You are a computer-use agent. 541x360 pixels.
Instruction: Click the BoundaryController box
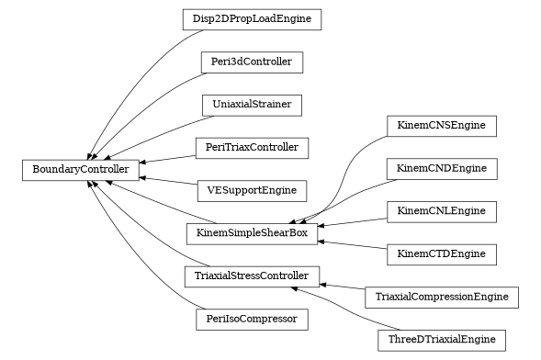point(81,169)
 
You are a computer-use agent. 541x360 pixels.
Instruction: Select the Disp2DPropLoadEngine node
point(251,18)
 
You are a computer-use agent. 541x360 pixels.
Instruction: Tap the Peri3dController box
point(252,62)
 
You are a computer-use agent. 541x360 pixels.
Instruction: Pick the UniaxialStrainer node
point(252,105)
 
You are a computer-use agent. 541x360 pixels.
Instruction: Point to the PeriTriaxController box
point(252,147)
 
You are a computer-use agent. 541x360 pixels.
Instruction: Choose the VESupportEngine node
point(252,191)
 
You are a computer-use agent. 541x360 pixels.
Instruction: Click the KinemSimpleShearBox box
point(252,233)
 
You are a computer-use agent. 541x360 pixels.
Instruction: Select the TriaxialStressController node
point(252,276)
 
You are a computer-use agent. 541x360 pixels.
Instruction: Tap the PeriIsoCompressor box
point(252,320)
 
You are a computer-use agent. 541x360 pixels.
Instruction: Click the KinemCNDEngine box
point(442,169)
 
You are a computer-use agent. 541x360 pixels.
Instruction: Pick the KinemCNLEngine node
point(442,211)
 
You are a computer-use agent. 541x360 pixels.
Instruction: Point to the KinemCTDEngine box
point(442,253)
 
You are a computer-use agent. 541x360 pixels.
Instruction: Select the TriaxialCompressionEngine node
point(442,298)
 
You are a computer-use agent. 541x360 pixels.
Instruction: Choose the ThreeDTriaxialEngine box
point(442,340)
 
